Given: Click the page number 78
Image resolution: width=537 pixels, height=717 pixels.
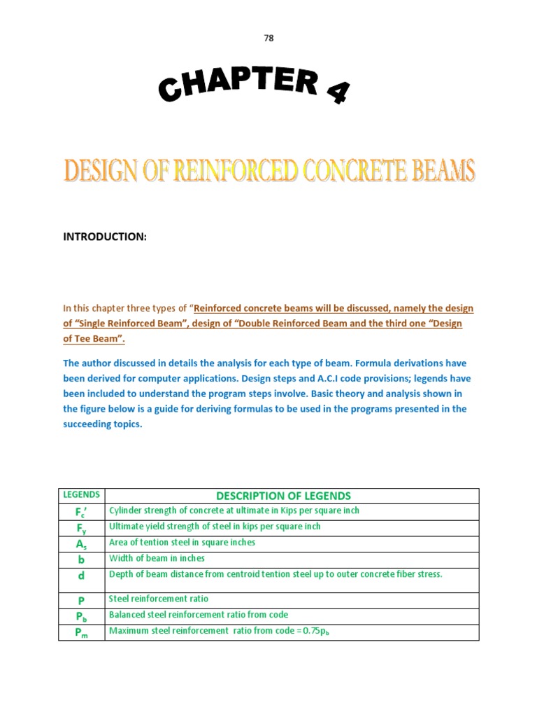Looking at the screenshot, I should tap(268, 39).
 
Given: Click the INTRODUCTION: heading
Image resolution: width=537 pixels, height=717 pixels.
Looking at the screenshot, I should tap(105, 237).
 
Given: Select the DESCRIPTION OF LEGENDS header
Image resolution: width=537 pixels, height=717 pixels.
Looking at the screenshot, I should tap(292, 496).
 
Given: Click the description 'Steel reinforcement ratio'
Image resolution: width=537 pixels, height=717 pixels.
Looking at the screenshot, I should tap(159, 599).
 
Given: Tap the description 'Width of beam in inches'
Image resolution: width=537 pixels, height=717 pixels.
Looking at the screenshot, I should tap(157, 559).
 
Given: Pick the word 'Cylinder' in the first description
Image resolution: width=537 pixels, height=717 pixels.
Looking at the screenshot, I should tap(126, 510).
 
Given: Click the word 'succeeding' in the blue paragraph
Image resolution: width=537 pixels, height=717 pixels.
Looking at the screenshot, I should tap(88, 424).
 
